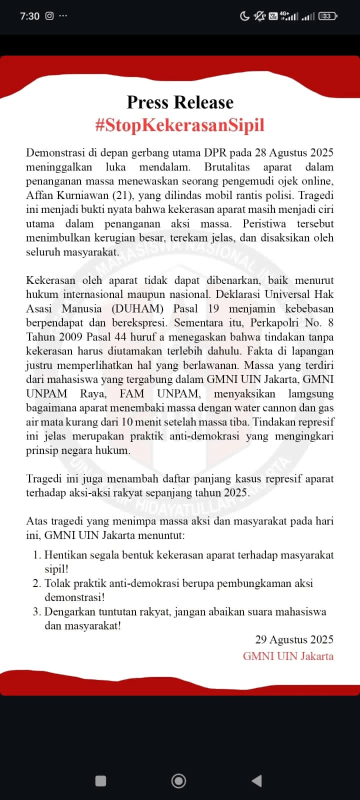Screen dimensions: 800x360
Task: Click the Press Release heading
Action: tap(180, 102)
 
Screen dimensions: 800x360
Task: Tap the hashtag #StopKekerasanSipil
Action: tap(180, 125)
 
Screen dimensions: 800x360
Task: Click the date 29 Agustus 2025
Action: tap(294, 639)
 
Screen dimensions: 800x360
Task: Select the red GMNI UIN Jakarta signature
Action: tap(288, 656)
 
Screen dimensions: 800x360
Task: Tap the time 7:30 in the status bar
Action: tap(29, 16)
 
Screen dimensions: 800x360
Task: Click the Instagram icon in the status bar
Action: tap(49, 16)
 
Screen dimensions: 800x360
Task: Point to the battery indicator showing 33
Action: tap(327, 16)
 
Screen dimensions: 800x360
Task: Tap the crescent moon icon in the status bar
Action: tap(244, 16)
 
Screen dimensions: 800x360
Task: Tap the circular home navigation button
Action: tap(178, 781)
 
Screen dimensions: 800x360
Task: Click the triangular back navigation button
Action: tap(256, 781)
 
